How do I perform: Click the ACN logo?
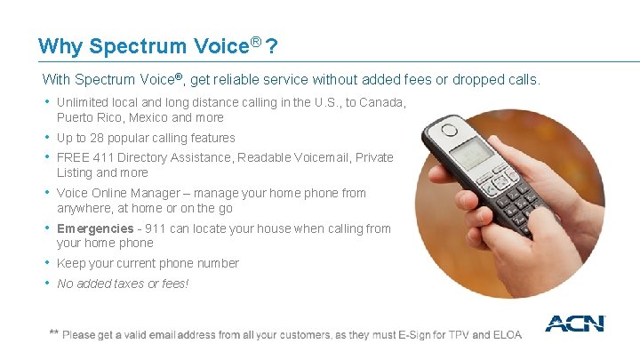pyautogui.click(x=574, y=324)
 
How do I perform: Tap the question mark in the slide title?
pyautogui.click(x=270, y=45)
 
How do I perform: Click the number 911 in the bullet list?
pyautogui.click(x=156, y=228)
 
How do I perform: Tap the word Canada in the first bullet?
pyautogui.click(x=382, y=102)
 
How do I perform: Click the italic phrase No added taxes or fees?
pyautogui.click(x=123, y=284)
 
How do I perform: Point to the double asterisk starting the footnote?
pyautogui.click(x=54, y=333)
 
